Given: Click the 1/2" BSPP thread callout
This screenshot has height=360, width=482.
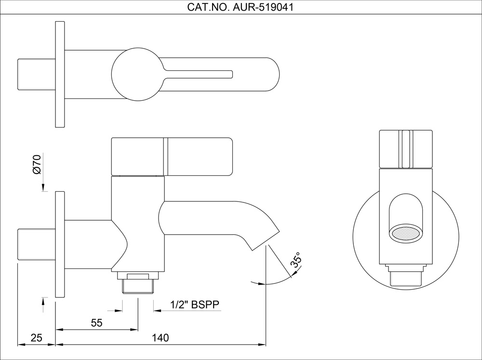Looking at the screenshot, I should pyautogui.click(x=195, y=305).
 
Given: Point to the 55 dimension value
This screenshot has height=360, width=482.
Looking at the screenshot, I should pyautogui.click(x=97, y=323).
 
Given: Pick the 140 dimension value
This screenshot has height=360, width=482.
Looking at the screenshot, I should pyautogui.click(x=161, y=338).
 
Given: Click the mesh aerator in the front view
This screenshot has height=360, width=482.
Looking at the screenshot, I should pyautogui.click(x=406, y=234).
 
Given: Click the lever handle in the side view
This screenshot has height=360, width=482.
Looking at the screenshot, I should pyautogui.click(x=172, y=157).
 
